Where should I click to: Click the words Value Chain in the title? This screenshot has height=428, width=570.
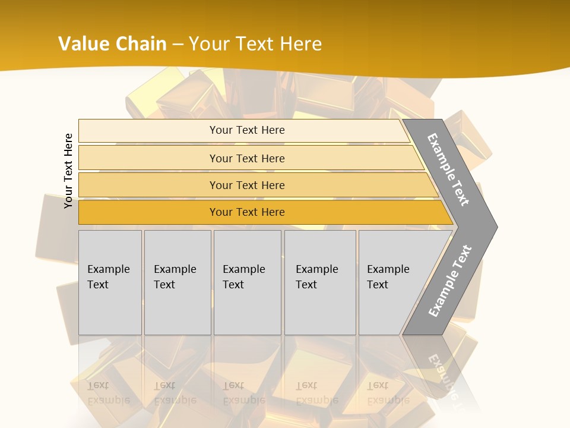(112, 43)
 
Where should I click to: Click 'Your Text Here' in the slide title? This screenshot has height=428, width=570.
(255, 43)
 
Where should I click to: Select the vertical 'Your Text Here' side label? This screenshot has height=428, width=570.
(68, 171)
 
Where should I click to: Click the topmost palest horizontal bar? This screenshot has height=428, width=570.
(148, 131)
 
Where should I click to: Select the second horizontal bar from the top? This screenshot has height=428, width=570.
(148, 158)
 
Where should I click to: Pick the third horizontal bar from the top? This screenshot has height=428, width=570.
(148, 185)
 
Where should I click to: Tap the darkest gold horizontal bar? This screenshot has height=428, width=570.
(148, 212)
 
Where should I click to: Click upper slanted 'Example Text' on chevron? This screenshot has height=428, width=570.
(449, 169)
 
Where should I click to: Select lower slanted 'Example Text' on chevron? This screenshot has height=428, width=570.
(449, 281)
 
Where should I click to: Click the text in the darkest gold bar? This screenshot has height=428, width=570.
(247, 212)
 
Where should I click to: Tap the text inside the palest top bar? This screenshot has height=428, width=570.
(247, 130)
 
